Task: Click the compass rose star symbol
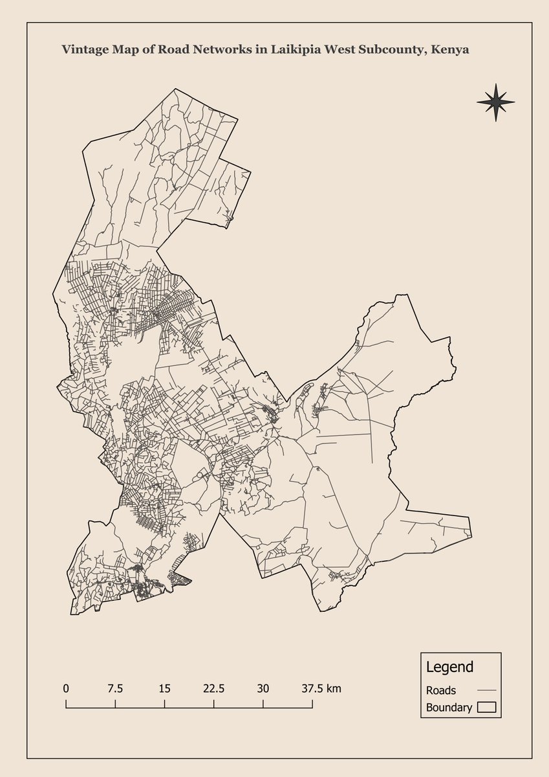495,102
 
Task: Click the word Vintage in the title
82,49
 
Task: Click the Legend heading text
449,667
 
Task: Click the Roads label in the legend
441,691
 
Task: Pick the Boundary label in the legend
449,708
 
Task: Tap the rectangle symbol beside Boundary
486,708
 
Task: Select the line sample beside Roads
486,691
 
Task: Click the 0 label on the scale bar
66,688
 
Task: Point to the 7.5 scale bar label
115,688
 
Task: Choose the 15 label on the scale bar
164,688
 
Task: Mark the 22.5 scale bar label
213,688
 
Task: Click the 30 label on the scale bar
263,688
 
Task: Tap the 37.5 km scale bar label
321,688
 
